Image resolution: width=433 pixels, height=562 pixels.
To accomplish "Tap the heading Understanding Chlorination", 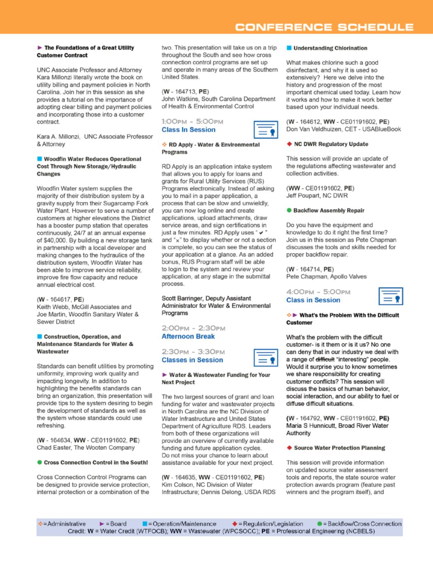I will [330, 48].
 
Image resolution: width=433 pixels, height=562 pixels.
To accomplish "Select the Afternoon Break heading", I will [188, 336].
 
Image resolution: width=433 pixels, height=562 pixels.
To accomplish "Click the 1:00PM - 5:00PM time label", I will [192, 122].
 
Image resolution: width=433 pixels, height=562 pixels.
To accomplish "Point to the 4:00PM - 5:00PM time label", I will [318, 292].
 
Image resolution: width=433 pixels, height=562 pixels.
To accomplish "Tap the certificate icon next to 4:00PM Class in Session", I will [391, 296].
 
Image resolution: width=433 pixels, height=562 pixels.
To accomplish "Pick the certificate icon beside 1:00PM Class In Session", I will [266, 130].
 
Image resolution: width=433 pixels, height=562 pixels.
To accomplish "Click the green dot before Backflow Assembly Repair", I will [289, 211].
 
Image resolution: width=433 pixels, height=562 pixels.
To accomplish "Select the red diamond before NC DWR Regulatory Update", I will [289, 144].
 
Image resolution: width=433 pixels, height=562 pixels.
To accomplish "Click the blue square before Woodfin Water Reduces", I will [39, 159].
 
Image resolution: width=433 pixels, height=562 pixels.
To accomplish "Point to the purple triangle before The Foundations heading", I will [39, 48].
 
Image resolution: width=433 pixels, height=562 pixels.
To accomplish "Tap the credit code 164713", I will [186, 92].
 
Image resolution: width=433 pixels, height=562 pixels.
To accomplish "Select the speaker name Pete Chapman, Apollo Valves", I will [326, 277].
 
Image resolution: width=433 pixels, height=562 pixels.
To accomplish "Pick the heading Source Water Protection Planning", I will [339, 448].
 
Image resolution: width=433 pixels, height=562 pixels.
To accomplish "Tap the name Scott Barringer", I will [183, 298].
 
